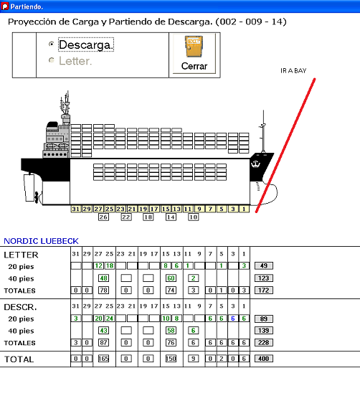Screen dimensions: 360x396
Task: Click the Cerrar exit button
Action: pos(194,54)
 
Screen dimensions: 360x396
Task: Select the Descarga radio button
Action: pos(51,44)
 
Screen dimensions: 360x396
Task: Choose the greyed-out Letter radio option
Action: pos(51,60)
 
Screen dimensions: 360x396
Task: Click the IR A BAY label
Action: pos(293,71)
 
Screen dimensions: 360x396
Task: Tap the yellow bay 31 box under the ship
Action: pos(76,209)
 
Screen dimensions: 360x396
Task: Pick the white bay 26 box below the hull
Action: pos(103,217)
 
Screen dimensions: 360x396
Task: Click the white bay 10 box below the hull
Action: pos(194,217)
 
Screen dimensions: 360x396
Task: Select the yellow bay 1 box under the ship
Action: pos(244,209)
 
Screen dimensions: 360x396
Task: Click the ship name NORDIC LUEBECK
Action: pos(41,241)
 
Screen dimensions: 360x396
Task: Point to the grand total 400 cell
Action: pos(264,359)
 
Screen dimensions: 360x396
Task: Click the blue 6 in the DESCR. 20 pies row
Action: pos(233,319)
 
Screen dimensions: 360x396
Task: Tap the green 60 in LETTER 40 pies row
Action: pos(171,278)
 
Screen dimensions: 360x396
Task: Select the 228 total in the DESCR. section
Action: pos(264,342)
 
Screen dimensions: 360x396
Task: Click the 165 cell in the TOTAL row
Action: pos(103,359)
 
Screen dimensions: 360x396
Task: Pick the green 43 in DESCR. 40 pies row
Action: pos(103,330)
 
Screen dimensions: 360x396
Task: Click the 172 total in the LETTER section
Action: pos(264,290)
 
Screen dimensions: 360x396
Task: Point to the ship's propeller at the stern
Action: pos(37,197)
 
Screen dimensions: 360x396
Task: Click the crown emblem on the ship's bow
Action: pos(255,164)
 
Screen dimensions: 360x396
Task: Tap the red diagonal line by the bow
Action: pos(285,146)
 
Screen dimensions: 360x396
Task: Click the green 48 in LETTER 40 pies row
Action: pos(103,278)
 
